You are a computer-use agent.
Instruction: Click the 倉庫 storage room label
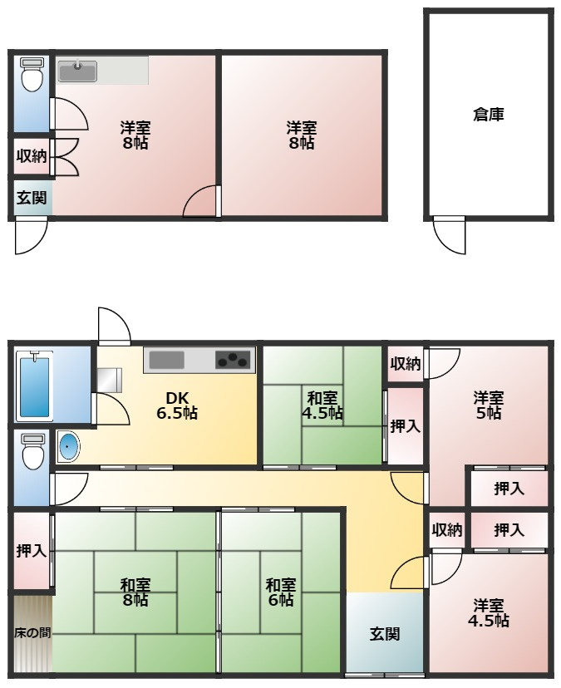[x=489, y=115]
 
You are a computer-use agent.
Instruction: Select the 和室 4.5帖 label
[x=322, y=405]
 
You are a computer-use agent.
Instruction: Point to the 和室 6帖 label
[x=280, y=591]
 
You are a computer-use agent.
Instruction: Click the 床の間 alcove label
[x=32, y=632]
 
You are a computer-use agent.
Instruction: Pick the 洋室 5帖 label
[x=489, y=405]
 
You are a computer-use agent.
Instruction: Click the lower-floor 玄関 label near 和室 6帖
[x=385, y=634]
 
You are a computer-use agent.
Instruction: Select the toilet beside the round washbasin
[x=32, y=451]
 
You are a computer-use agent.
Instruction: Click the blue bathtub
[x=35, y=385]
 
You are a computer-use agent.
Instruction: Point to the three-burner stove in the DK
[x=233, y=360]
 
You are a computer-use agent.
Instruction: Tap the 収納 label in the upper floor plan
[x=32, y=155]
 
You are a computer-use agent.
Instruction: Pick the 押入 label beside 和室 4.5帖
[x=406, y=426]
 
